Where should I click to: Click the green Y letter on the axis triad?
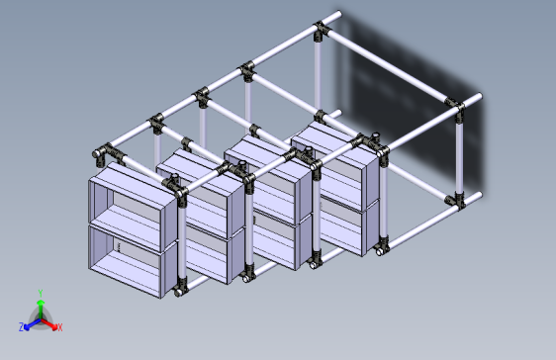tap(41, 293)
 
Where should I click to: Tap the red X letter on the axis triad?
tap(60, 327)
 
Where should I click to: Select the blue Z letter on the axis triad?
tap(22, 327)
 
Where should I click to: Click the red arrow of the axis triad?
tap(48, 324)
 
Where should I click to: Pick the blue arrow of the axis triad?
tap(33, 324)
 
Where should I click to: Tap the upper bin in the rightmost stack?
tap(336, 166)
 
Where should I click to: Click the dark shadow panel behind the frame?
tap(412, 103)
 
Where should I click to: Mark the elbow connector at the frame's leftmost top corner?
tap(102, 153)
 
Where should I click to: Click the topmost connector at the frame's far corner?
tap(320, 30)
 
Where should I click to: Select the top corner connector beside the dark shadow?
tap(455, 105)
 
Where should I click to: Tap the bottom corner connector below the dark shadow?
tap(456, 200)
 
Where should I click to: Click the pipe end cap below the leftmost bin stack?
tap(178, 293)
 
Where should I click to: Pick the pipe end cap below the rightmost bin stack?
tap(379, 251)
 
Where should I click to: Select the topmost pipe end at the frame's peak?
tap(338, 14)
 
